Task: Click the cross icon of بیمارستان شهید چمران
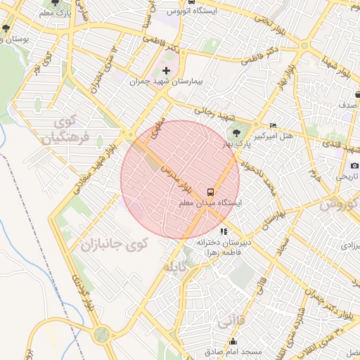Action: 166,70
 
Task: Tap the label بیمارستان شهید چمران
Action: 166,82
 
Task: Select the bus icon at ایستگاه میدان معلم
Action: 210,191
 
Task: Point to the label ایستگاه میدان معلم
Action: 210,202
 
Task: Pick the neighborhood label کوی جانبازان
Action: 114,245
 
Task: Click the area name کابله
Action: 175,268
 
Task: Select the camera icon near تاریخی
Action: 354,165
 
